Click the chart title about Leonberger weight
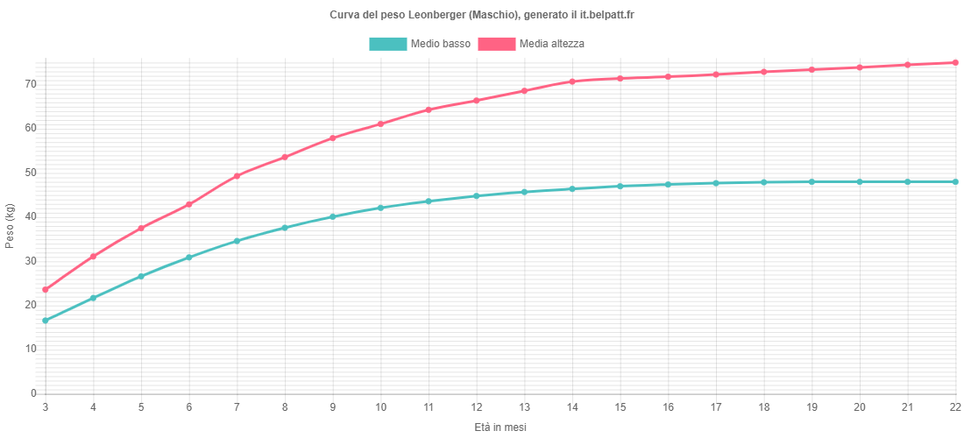482,16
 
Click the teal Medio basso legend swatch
388,44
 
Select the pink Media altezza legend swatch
496,44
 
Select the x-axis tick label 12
476,406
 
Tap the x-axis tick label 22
954,406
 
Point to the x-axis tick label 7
237,406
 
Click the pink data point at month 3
46,290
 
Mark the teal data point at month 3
46,321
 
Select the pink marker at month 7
237,176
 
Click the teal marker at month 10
380,208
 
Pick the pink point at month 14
572,81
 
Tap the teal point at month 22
955,181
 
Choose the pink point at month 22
955,62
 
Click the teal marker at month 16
668,184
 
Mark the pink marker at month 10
380,124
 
